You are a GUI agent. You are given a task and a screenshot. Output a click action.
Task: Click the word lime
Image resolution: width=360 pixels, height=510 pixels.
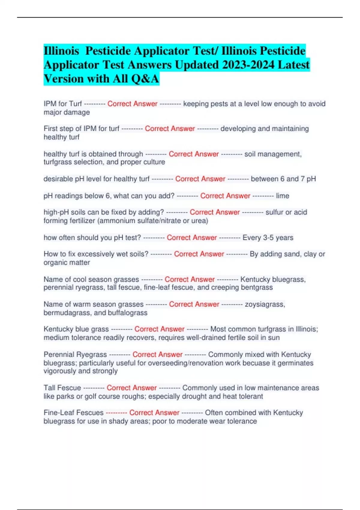[x=283, y=196]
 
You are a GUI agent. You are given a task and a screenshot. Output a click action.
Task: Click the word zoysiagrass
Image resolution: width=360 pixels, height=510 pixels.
[x=265, y=304]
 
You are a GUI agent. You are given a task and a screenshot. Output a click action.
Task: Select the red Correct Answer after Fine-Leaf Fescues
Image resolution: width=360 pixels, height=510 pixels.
[x=154, y=413]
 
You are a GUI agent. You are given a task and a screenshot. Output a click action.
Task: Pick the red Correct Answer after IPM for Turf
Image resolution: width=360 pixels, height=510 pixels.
[x=132, y=104]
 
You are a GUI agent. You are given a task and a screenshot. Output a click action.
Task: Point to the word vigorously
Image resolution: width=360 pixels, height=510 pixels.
[x=60, y=371]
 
